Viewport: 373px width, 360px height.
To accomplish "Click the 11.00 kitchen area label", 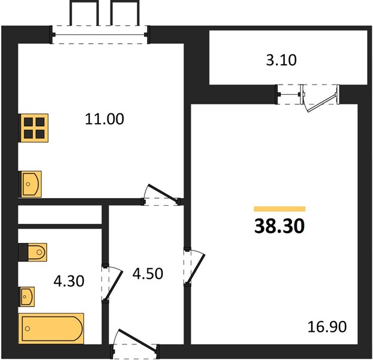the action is [x=104, y=119].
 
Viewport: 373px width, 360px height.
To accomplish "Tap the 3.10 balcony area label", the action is [x=281, y=60].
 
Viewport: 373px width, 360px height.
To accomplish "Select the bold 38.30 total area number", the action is [x=279, y=226].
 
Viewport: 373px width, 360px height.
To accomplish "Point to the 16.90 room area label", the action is [x=327, y=326].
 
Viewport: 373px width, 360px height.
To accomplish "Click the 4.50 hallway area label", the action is [x=148, y=274].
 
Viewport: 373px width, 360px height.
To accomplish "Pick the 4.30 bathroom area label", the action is [x=69, y=281].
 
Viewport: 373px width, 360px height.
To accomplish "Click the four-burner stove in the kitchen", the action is [x=34, y=128].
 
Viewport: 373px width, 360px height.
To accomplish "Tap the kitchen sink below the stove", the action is [x=30, y=184].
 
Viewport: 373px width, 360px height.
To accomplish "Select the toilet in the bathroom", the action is [x=32, y=252].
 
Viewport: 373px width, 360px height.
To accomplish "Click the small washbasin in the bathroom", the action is [x=26, y=296].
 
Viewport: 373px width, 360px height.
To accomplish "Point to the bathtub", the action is [x=51, y=329].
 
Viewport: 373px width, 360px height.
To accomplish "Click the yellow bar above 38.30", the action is [x=279, y=209].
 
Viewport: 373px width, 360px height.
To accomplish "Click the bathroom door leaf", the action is [x=114, y=285].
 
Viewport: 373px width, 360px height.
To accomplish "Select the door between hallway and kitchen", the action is [x=163, y=193].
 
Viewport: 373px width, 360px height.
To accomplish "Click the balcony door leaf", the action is [x=322, y=103].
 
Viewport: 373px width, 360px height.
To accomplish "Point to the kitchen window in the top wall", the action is [x=100, y=35].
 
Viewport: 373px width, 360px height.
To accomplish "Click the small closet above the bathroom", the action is [x=60, y=215].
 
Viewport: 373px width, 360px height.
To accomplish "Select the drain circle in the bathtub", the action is [x=28, y=329].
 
